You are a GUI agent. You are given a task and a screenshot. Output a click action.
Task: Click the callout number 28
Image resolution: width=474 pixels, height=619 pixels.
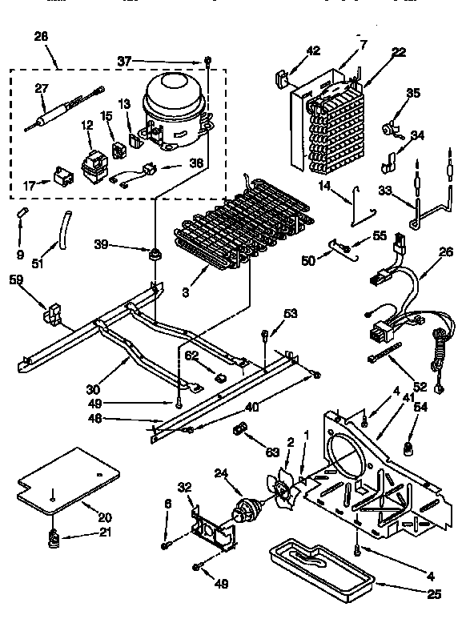coord(42,35)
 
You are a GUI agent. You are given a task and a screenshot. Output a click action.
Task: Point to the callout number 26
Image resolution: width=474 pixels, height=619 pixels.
coord(446,252)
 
